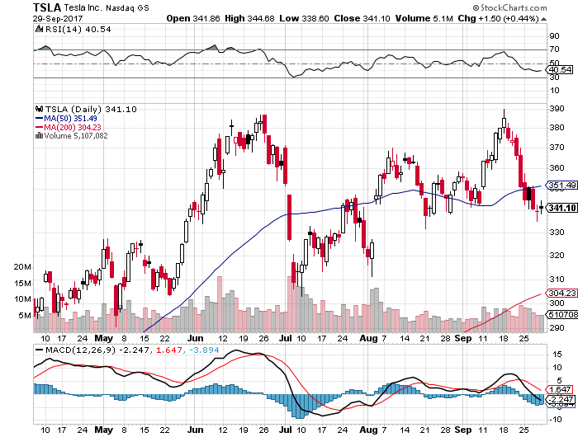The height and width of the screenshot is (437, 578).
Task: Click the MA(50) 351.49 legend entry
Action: pyautogui.click(x=65, y=117)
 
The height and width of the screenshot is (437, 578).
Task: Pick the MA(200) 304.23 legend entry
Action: pyautogui.click(x=68, y=126)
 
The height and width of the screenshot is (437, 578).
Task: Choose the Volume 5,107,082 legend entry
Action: pyautogui.click(x=73, y=135)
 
